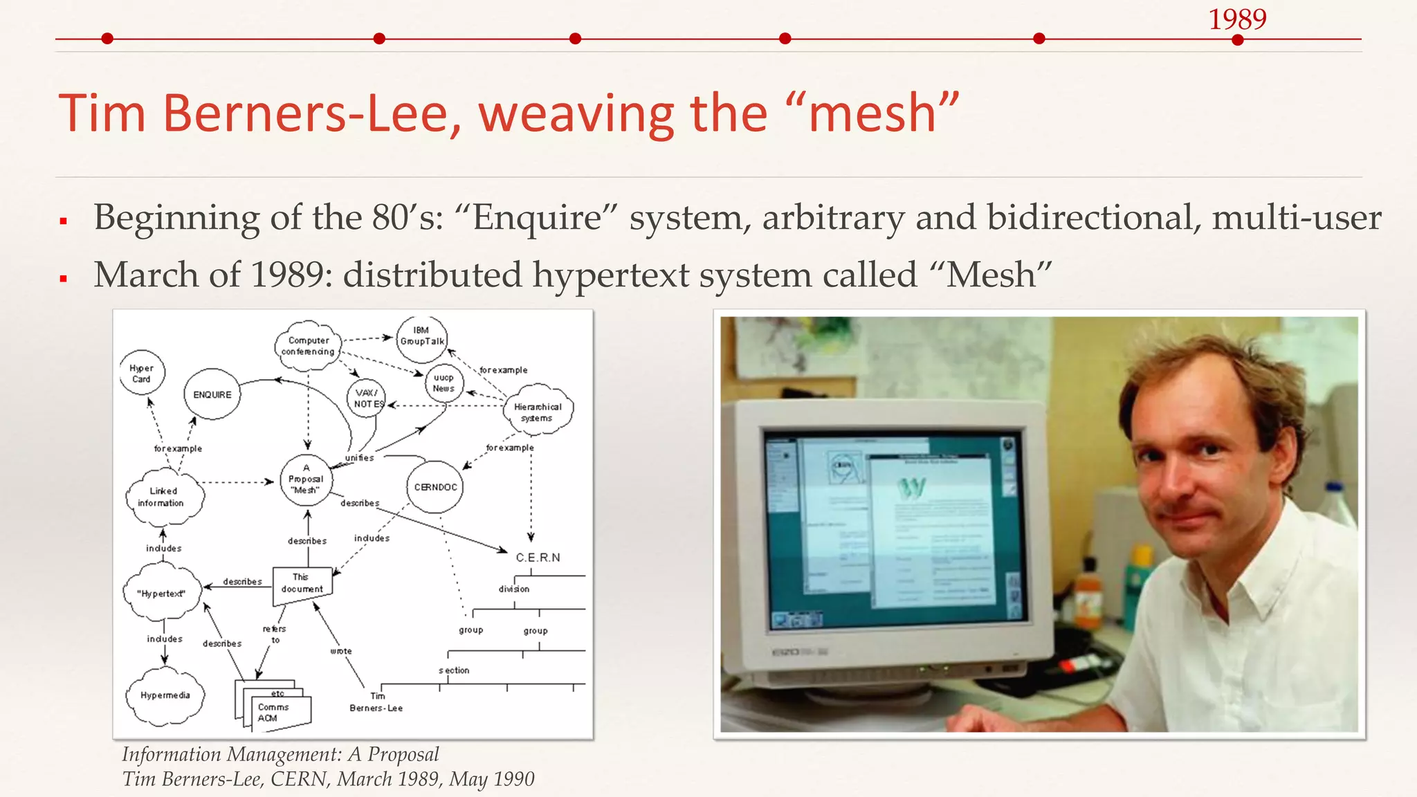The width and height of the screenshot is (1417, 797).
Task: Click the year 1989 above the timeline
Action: [x=1237, y=19]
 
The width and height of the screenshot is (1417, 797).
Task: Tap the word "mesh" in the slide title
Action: [x=872, y=113]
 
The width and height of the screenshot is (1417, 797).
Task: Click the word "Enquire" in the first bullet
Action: [x=537, y=218]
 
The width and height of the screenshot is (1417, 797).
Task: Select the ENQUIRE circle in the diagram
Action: [x=212, y=394]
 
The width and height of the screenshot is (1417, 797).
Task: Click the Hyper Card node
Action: [x=142, y=374]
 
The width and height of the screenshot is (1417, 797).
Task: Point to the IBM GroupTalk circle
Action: [x=422, y=336]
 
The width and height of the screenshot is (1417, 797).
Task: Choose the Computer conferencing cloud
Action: [x=308, y=346]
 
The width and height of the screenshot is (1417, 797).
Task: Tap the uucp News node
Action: [x=444, y=383]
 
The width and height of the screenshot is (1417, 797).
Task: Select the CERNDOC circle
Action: [x=435, y=487]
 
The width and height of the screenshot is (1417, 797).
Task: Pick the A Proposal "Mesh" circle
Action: [x=306, y=479]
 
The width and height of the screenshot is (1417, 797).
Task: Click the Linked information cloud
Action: [x=163, y=497]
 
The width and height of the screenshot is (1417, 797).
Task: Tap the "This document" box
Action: [x=302, y=583]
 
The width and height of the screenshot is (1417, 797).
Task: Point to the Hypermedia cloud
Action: [x=165, y=695]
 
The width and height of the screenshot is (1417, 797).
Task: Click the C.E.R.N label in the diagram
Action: [x=538, y=558]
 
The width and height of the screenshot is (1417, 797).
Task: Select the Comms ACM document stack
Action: [x=274, y=710]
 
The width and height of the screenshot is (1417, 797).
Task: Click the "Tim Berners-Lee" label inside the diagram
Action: [x=376, y=702]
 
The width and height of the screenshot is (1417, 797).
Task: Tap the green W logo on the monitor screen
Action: [x=911, y=488]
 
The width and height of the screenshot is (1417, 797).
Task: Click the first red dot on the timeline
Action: [x=107, y=39]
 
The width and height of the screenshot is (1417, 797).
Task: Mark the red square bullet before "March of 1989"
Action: [x=63, y=279]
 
